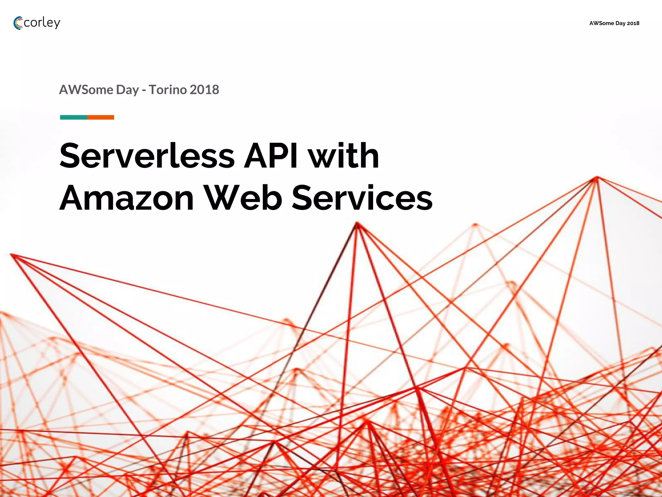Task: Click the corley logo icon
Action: (x=18, y=23)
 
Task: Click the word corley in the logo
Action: (x=42, y=23)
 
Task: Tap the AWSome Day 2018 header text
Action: (x=614, y=23)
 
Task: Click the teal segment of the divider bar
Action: (x=74, y=117)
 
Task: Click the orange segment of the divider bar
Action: (x=101, y=117)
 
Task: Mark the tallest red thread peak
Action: (x=597, y=178)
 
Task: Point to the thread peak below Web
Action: (x=357, y=223)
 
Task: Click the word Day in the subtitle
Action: (x=127, y=90)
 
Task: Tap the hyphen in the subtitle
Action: (x=144, y=91)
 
